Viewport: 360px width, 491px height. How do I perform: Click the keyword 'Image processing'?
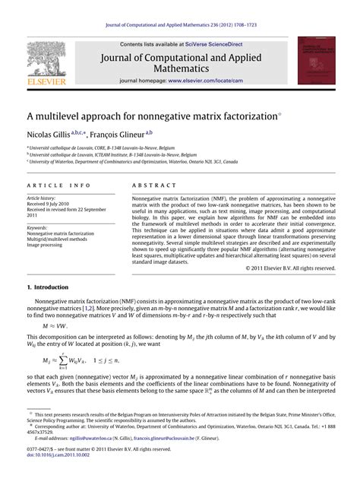click(48, 245)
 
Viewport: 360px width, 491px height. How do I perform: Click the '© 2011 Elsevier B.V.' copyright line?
click(290, 247)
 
